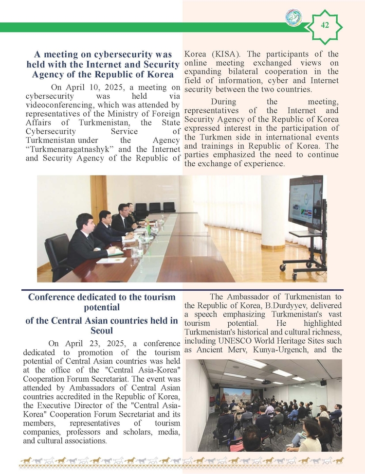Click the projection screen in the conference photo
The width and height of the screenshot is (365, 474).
click(x=236, y=394)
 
